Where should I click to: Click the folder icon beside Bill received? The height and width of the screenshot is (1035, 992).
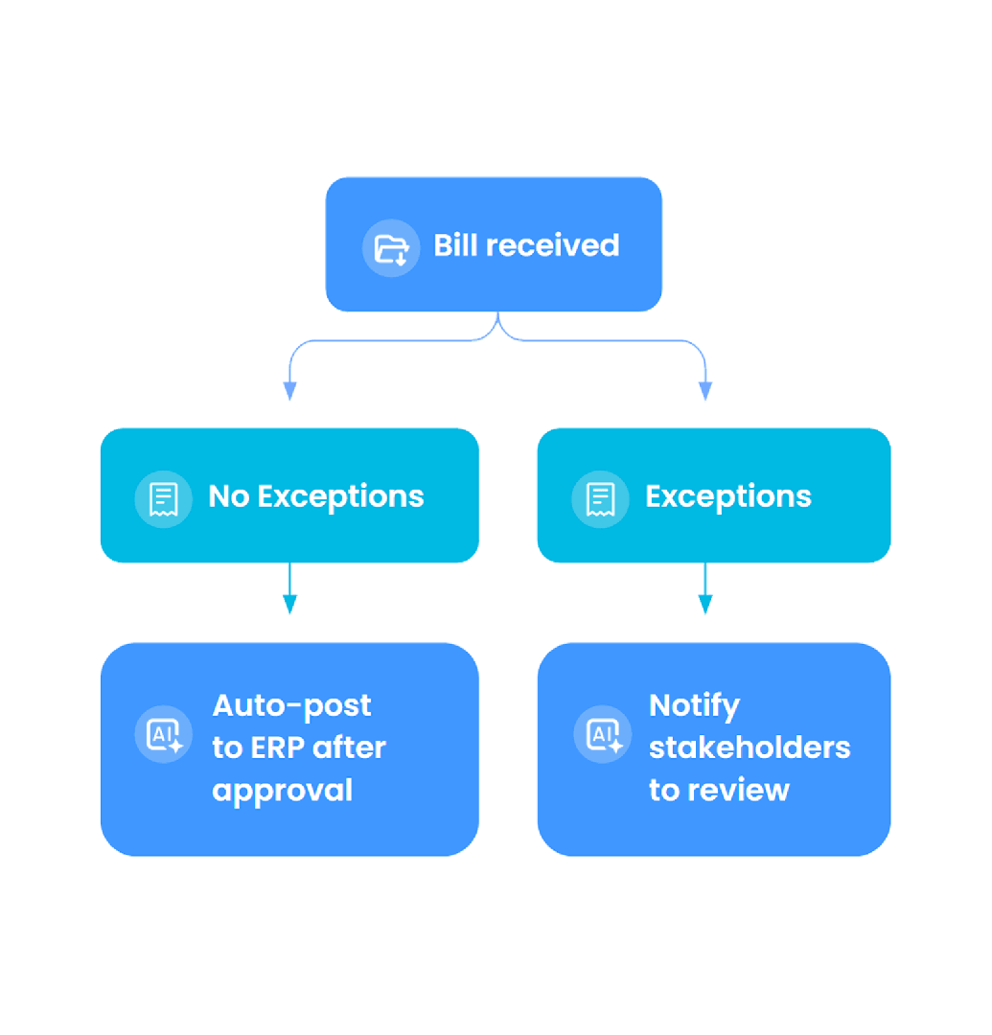(x=391, y=248)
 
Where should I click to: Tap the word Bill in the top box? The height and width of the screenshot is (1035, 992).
(x=454, y=245)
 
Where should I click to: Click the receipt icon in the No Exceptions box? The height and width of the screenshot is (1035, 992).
(x=164, y=498)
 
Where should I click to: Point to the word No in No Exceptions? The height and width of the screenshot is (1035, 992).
(x=228, y=496)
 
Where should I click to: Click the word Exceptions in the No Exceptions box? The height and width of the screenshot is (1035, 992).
(x=340, y=496)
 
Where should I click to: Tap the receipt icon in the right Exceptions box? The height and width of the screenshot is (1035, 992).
(x=600, y=498)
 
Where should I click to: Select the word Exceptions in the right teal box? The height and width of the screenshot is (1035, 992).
(x=727, y=496)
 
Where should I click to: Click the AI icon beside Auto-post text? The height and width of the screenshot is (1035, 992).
(x=164, y=735)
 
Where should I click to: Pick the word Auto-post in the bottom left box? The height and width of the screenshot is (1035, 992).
(x=291, y=705)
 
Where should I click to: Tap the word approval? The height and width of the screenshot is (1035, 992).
(x=282, y=791)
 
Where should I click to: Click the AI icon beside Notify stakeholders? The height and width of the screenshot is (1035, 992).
(x=603, y=735)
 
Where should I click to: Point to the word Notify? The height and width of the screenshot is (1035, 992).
(x=694, y=705)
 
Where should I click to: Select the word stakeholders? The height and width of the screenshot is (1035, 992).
(x=750, y=747)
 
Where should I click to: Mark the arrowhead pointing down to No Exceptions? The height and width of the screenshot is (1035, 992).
(x=289, y=391)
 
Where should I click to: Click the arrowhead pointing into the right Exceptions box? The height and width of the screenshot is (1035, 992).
(x=705, y=391)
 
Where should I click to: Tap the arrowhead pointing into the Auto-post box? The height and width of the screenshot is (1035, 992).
(x=289, y=605)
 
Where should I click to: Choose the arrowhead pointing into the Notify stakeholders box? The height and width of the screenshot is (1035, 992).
(x=705, y=605)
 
